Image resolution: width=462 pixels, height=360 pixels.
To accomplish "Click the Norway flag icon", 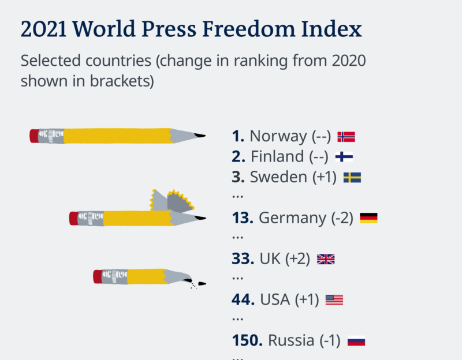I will (346, 137).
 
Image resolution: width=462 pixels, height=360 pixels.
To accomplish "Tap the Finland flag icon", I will (344, 156).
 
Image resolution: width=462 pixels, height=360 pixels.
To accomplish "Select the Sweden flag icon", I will (352, 177).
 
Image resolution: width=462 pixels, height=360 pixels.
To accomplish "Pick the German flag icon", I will (368, 218).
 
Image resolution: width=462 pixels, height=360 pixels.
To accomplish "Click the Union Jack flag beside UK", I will (326, 259).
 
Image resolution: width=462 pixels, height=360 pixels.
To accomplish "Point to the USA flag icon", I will (334, 300).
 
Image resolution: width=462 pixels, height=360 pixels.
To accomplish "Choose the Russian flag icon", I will (356, 341).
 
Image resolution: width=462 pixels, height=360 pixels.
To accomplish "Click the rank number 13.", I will (243, 218).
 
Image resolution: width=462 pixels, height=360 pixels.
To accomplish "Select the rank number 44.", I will (243, 300).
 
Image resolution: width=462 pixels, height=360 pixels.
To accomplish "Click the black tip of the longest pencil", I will (200, 136).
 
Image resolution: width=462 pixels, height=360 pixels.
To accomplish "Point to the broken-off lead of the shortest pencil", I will (202, 283).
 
